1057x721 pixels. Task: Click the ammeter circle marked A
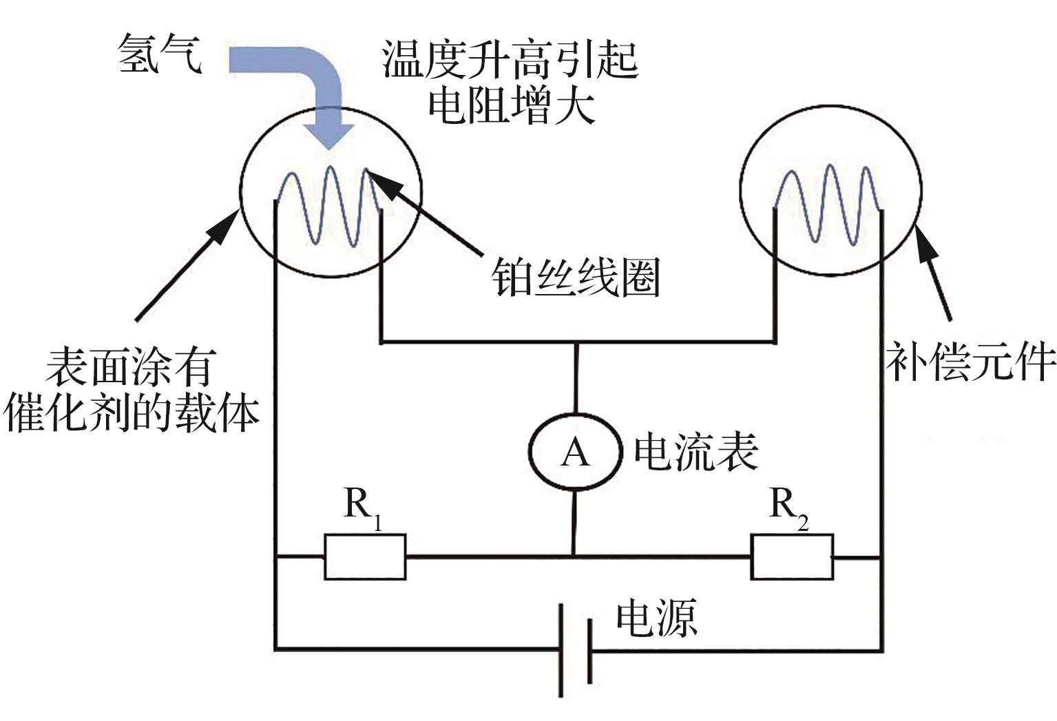[x=576, y=452]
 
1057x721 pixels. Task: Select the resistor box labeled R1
[x=365, y=556]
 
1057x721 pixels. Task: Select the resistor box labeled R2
[x=792, y=556]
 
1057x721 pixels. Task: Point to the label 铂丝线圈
[x=576, y=277]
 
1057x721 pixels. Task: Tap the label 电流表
[x=695, y=452]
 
